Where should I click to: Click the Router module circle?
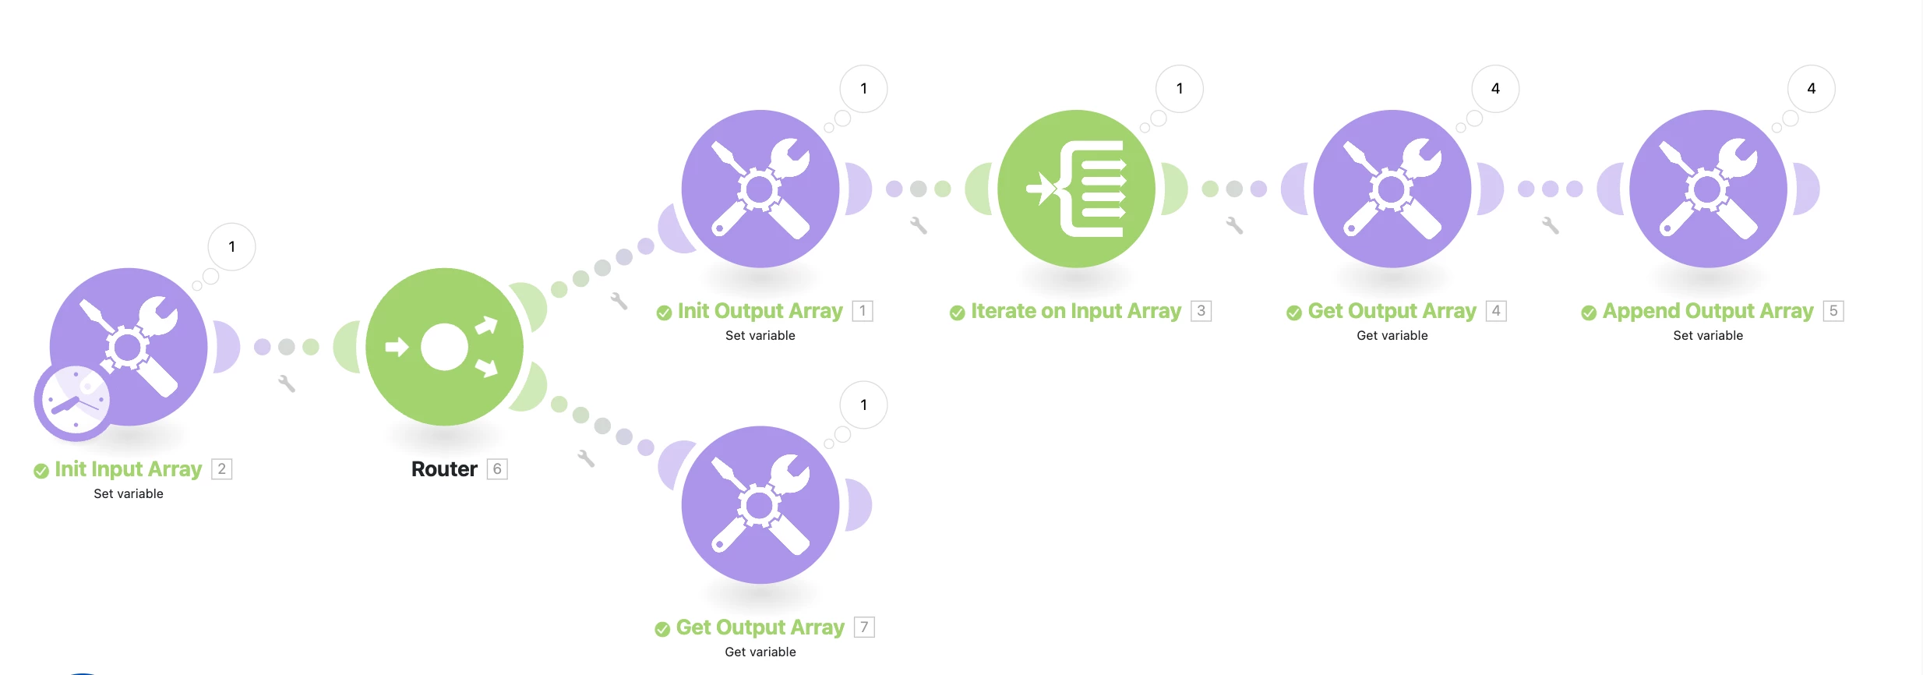coord(444,347)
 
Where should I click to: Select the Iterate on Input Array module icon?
coord(1076,189)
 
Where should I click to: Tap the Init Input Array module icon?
coord(129,347)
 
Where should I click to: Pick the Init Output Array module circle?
coord(760,189)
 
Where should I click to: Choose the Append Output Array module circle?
coord(1708,189)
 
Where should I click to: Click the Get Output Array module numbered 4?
coord(1392,189)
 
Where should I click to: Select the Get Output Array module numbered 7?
coord(760,505)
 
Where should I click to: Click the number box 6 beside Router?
coord(497,469)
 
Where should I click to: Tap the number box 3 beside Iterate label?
coord(1201,311)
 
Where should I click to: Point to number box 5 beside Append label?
coord(1833,311)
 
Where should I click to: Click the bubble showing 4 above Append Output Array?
coord(1811,89)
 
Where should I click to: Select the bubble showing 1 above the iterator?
coord(1180,89)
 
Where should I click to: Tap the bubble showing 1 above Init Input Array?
coord(231,247)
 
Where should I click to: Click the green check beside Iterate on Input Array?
coord(957,313)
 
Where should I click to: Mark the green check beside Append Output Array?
coord(1589,313)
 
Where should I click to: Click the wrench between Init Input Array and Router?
coord(287,383)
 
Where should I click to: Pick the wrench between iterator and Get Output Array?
coord(1234,225)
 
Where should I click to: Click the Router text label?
coord(444,469)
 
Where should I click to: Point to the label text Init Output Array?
coord(760,311)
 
